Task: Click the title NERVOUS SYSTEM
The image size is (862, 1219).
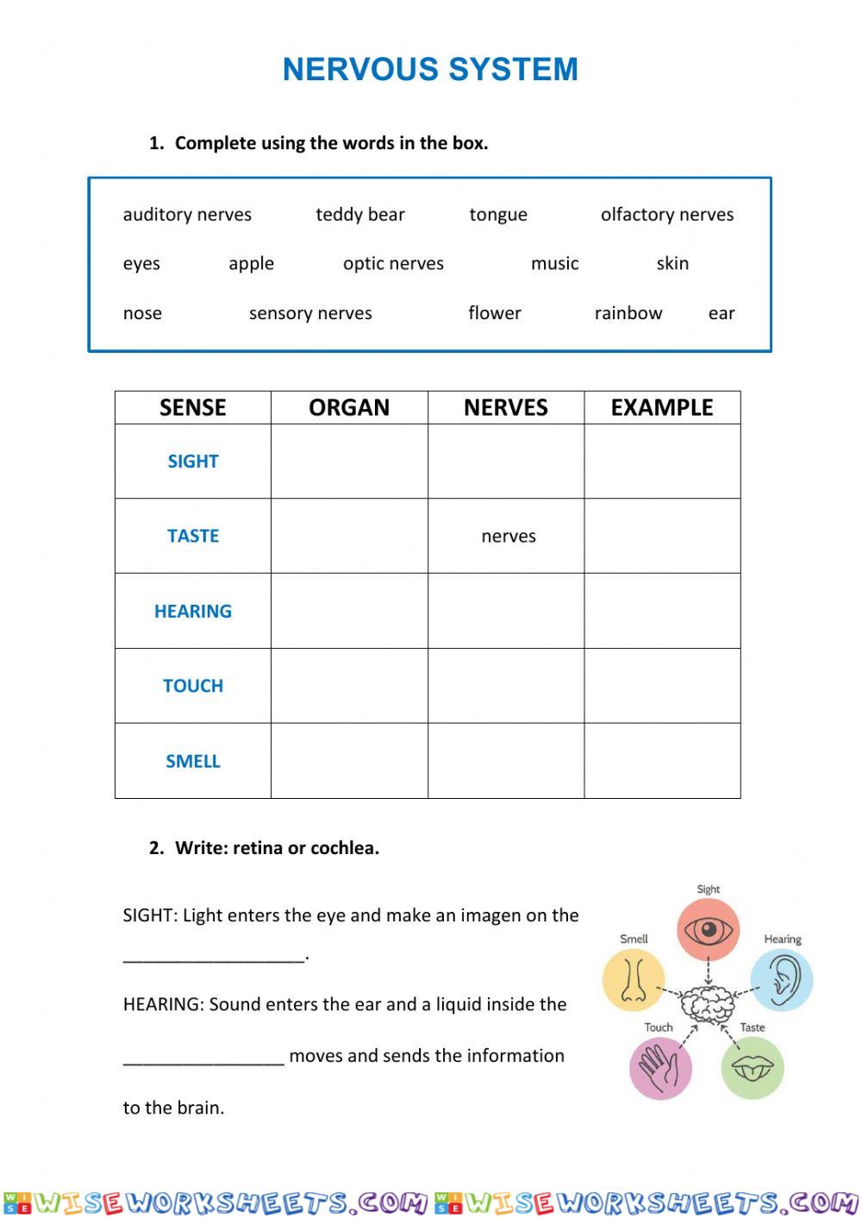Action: point(430,70)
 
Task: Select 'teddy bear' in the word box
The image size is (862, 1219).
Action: point(359,215)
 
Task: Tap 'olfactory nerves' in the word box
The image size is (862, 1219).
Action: point(666,215)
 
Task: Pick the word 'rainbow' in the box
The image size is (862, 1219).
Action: point(628,313)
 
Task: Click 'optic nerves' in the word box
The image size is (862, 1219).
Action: point(393,264)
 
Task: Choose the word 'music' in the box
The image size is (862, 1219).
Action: point(554,264)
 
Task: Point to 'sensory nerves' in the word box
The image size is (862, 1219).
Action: point(310,313)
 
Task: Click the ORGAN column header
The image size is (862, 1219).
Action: point(349,407)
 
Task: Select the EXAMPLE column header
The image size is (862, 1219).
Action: point(662,407)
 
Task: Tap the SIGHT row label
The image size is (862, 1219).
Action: point(193,462)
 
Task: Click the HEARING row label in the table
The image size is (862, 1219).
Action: point(193,612)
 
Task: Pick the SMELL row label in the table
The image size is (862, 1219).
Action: point(193,761)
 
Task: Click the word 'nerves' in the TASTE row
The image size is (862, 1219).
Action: point(509,537)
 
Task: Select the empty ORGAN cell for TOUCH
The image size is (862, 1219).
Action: point(349,686)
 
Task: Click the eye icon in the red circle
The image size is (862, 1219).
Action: point(708,930)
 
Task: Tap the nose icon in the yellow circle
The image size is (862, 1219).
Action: point(634,979)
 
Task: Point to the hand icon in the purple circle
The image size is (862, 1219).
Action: point(661,1067)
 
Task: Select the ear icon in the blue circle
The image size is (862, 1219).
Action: point(783,978)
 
